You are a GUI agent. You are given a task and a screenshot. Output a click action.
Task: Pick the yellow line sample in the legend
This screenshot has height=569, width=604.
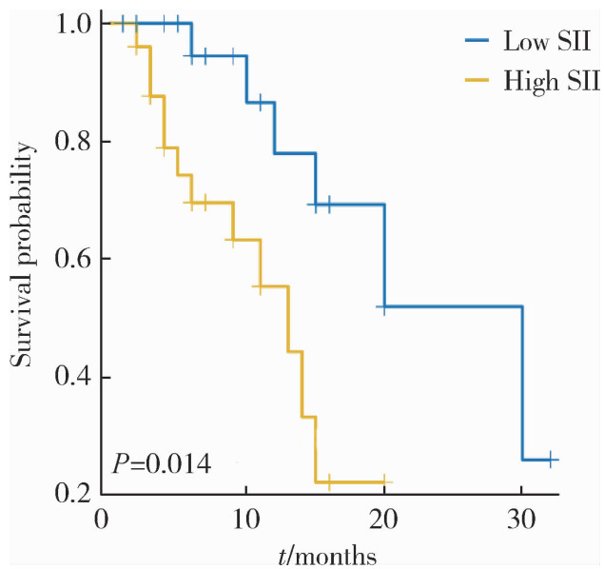pyautogui.click(x=480, y=81)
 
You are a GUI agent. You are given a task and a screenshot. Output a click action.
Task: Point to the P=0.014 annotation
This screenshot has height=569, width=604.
pyautogui.click(x=162, y=463)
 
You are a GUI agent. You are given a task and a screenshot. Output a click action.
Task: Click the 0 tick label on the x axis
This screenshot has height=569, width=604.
pyautogui.click(x=103, y=521)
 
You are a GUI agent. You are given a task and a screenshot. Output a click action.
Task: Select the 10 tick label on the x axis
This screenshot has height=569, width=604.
pyautogui.click(x=245, y=521)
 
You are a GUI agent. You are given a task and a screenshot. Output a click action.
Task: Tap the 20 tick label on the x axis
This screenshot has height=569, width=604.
pyautogui.click(x=384, y=521)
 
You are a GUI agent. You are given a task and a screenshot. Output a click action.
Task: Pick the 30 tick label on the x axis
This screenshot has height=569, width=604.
pyautogui.click(x=522, y=521)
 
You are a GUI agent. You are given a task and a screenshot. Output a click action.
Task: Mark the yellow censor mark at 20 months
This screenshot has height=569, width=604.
pyautogui.click(x=384, y=482)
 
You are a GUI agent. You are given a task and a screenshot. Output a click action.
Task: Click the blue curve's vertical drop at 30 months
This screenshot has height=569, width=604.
pyautogui.click(x=522, y=381)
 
